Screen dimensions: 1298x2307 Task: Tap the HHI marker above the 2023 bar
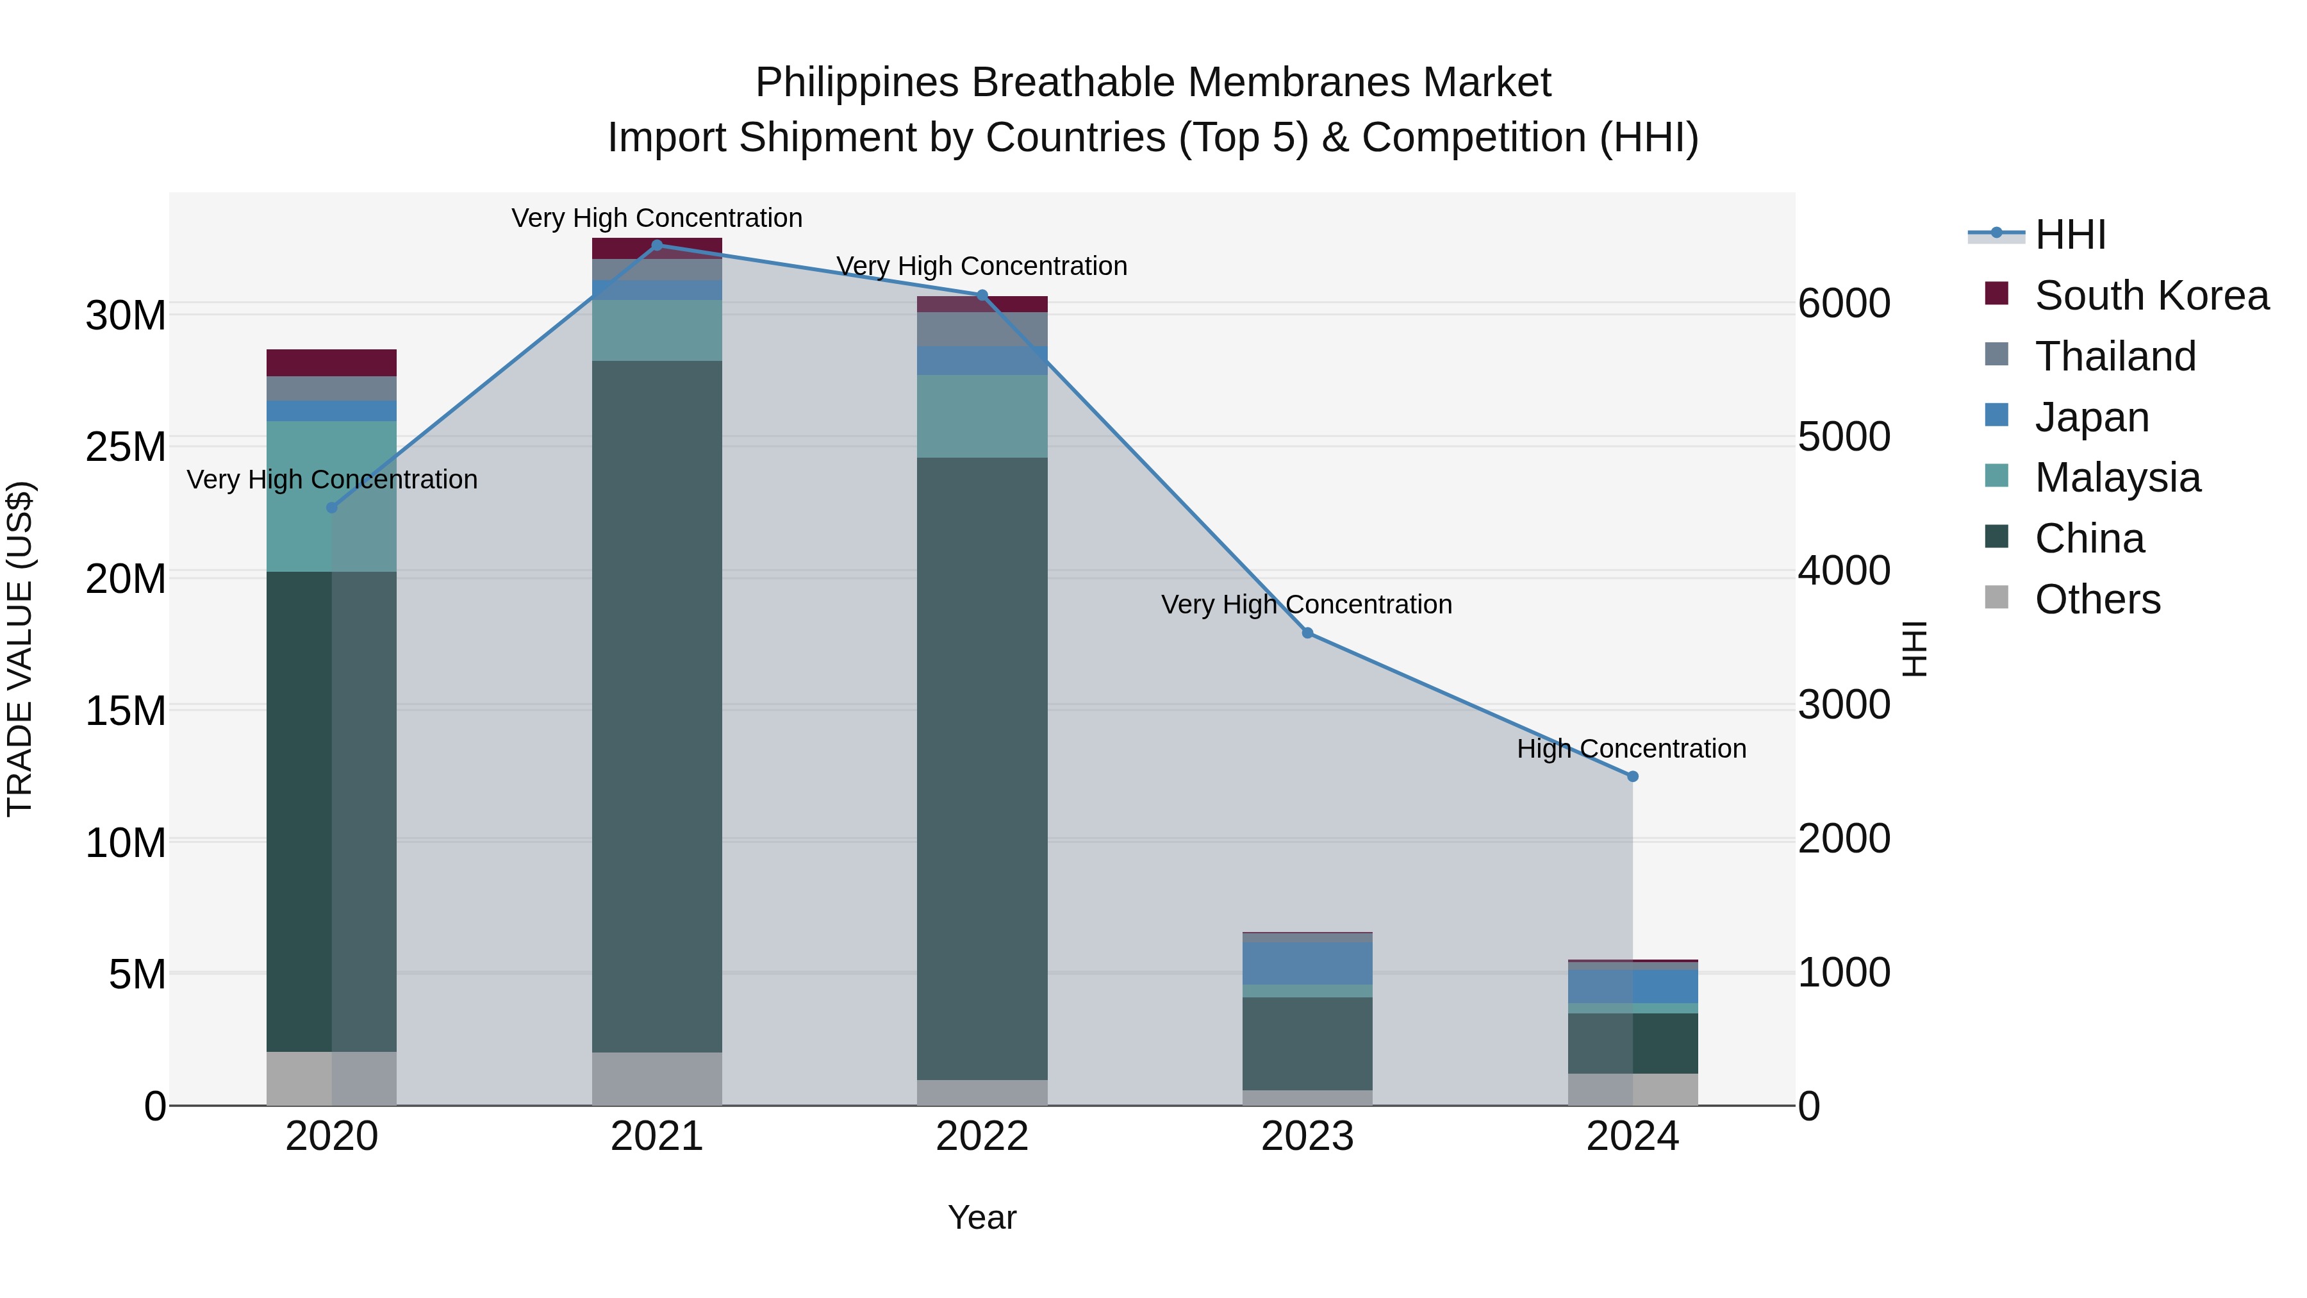pos(1307,633)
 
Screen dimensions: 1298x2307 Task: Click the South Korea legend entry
pos(2151,295)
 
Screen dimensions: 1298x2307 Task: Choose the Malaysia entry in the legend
pos(2117,478)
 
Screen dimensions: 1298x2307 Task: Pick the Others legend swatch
pos(1996,597)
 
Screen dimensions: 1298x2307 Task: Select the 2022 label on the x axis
pos(982,1136)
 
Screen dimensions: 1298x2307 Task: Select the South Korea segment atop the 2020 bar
pos(331,363)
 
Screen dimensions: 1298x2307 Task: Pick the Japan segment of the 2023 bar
pos(1307,963)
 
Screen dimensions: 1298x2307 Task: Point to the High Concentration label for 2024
pos(1631,749)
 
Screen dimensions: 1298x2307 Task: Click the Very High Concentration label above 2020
pos(331,480)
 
